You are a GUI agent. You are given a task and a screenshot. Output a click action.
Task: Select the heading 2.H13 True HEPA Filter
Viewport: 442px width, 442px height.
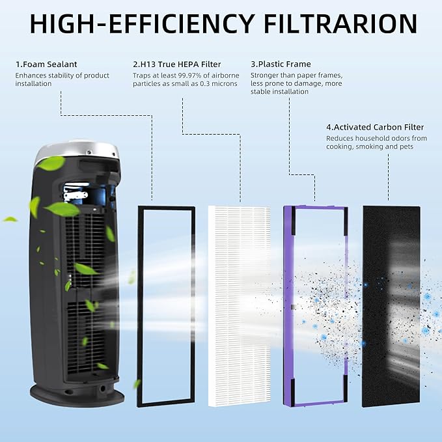click(x=176, y=64)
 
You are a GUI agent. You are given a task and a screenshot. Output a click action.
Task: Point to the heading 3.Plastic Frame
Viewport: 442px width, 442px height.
click(x=281, y=64)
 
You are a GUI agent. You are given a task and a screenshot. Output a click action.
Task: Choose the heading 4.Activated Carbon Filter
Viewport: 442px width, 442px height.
click(x=375, y=127)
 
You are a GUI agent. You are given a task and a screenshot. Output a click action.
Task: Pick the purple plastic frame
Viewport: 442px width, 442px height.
click(x=291, y=306)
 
